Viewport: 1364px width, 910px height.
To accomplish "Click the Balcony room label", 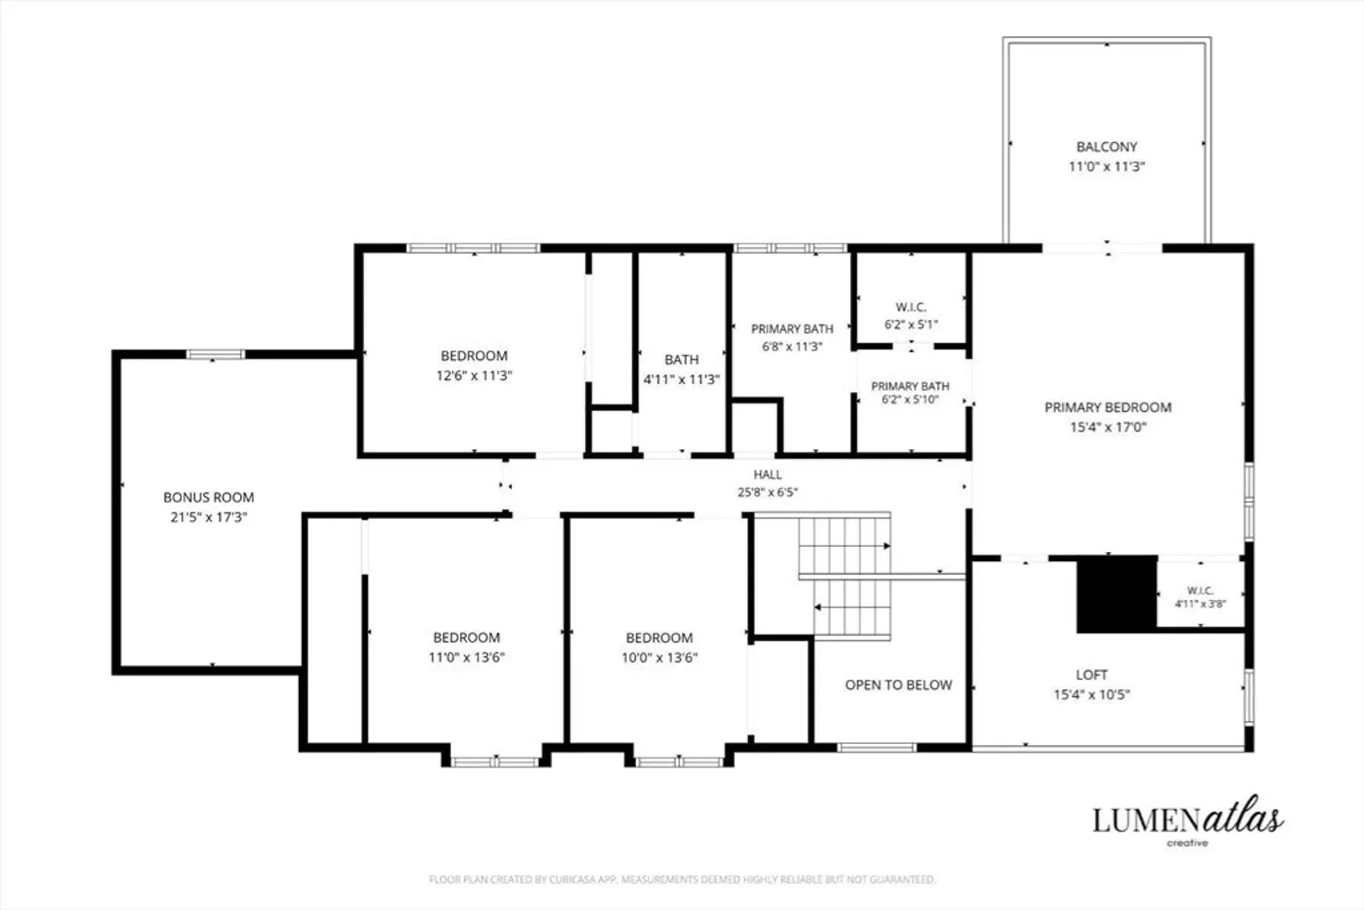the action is (1106, 147).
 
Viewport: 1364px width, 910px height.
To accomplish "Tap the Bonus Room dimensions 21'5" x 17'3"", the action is (208, 517).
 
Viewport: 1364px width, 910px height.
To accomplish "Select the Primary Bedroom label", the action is (1108, 408).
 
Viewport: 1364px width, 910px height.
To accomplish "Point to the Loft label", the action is (1091, 675).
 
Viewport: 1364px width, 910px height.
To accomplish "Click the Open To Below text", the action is (898, 685).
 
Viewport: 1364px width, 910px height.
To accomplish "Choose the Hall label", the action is (768, 474).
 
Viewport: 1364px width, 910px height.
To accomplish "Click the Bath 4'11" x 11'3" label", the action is (682, 370).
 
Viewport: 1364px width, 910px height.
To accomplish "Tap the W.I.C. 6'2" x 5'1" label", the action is (911, 315).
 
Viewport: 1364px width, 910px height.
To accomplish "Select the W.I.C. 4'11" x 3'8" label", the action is (1201, 597).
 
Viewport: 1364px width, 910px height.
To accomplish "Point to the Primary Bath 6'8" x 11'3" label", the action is (792, 337).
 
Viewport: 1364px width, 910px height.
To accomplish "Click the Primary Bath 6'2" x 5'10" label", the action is (910, 393).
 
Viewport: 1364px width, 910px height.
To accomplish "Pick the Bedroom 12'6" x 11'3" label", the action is (473, 366).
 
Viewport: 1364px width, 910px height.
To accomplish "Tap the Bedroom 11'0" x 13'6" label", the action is (467, 647).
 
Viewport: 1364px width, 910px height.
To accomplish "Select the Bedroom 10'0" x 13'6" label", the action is (660, 647).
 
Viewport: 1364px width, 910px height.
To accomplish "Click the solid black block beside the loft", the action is (1116, 595).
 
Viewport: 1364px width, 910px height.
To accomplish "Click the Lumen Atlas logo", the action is (1188, 822).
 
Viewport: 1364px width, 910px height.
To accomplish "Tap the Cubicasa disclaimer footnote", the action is (682, 880).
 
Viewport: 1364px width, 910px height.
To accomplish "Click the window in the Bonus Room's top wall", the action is (216, 355).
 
